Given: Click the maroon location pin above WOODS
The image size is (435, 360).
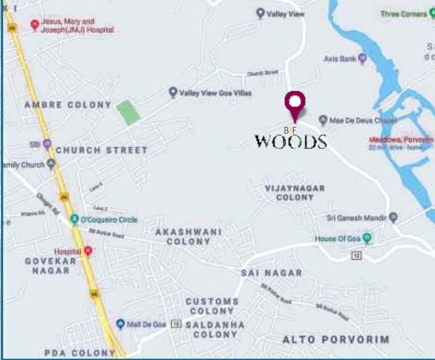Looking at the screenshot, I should pyautogui.click(x=295, y=103).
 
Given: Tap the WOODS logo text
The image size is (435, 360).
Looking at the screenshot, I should pyautogui.click(x=290, y=141).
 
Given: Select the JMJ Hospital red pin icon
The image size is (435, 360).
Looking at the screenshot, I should pyautogui.click(x=34, y=24).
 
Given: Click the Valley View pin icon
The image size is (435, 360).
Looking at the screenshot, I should pyautogui.click(x=260, y=13).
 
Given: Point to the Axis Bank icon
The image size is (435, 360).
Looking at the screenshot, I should pyautogui.click(x=362, y=59).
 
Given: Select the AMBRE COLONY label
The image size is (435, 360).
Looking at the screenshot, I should pyautogui.click(x=68, y=105).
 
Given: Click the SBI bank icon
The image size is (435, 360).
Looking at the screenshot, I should pyautogui.click(x=47, y=144).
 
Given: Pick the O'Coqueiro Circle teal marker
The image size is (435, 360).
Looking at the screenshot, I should pyautogui.click(x=74, y=219).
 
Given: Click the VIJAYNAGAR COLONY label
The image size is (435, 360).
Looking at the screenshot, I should pyautogui.click(x=295, y=193).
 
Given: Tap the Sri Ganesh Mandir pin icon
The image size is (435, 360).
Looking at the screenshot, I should pyautogui.click(x=393, y=217).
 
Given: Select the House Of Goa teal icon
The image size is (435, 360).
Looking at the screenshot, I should pyautogui.click(x=367, y=239).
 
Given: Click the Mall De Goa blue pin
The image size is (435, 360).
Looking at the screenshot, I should pyautogui.click(x=120, y=324).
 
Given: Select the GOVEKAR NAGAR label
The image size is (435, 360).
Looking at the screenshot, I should pyautogui.click(x=51, y=265).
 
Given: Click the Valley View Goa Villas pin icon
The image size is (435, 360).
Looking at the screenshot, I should pyautogui.click(x=173, y=92).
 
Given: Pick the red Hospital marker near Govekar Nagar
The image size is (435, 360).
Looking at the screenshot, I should pyautogui.click(x=87, y=251).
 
